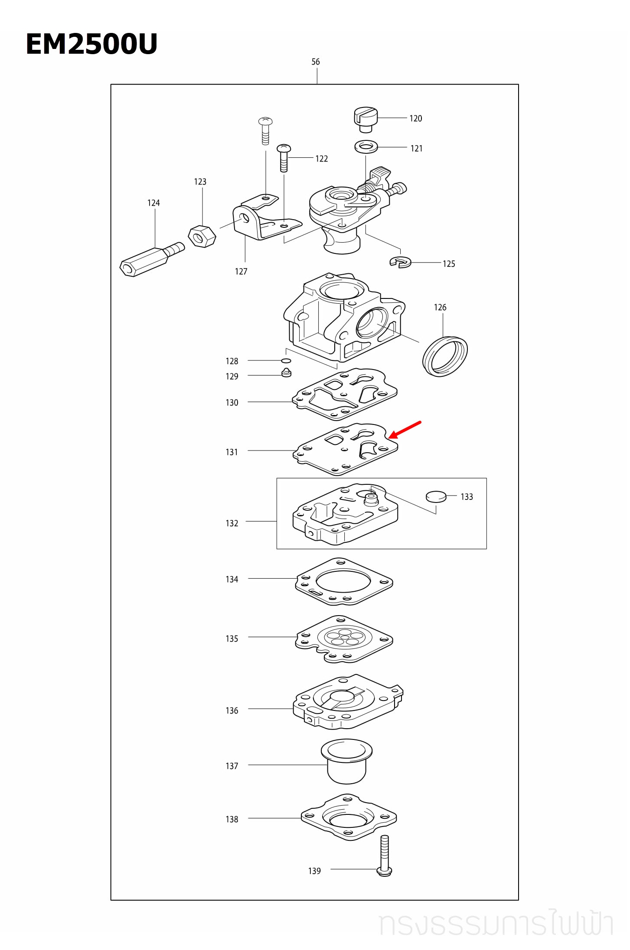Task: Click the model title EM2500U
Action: pos(91,44)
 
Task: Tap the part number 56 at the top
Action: pos(315,62)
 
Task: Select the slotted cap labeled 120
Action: pos(366,119)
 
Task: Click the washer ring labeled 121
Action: pos(366,147)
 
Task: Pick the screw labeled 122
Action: pos(284,158)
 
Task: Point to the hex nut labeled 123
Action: pos(202,237)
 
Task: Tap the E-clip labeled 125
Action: pos(400,262)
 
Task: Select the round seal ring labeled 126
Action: pos(445,356)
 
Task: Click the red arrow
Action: pos(405,430)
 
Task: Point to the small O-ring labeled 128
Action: pos(286,360)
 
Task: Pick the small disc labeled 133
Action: pos(436,496)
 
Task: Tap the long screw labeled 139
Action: pos(385,855)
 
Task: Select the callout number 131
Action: pos(232,452)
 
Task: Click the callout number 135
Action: pos(232,639)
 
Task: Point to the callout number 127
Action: pos(241,272)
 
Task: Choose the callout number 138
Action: pos(232,819)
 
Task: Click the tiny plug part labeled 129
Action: pos(286,373)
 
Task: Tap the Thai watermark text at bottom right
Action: pos(496,924)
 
